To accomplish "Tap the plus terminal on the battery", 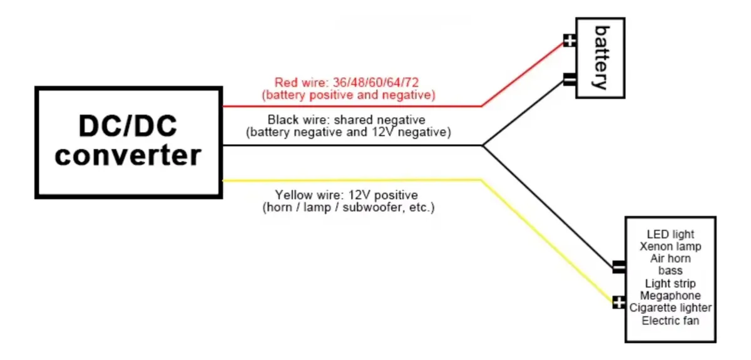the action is [570, 41].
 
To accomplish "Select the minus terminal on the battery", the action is [570, 80].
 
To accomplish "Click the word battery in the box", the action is [602, 58].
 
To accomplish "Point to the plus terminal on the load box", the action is [619, 302].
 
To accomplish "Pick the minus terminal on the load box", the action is [619, 267].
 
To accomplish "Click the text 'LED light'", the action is [670, 234].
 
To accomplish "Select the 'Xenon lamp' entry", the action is [670, 247].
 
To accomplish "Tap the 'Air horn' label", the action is [670, 259].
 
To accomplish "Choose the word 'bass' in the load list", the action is [670, 270].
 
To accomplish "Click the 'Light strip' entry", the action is [670, 284].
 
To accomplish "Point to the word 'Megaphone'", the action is [670, 296].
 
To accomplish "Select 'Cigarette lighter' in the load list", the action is [670, 308].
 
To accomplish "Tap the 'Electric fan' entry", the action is [670, 321].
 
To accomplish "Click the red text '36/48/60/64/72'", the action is [375, 82].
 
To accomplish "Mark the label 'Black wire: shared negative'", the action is [346, 120].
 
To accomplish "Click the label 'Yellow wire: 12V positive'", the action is [346, 195].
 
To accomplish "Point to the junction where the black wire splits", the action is [483, 146].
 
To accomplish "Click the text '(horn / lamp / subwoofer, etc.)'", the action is [349, 207].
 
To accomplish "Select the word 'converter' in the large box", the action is [128, 156].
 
